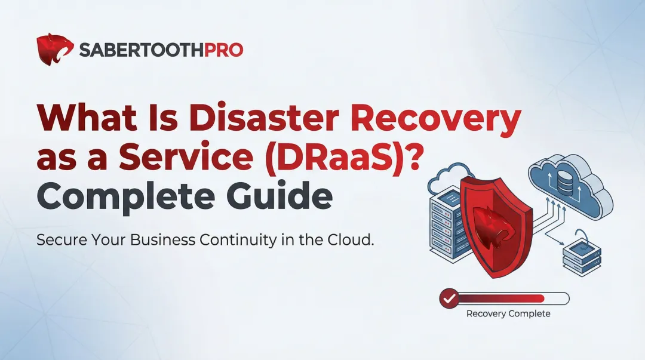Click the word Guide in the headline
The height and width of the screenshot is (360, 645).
[283, 198]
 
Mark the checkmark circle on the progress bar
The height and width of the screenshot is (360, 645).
[449, 298]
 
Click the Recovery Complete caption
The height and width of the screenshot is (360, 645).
[508, 313]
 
